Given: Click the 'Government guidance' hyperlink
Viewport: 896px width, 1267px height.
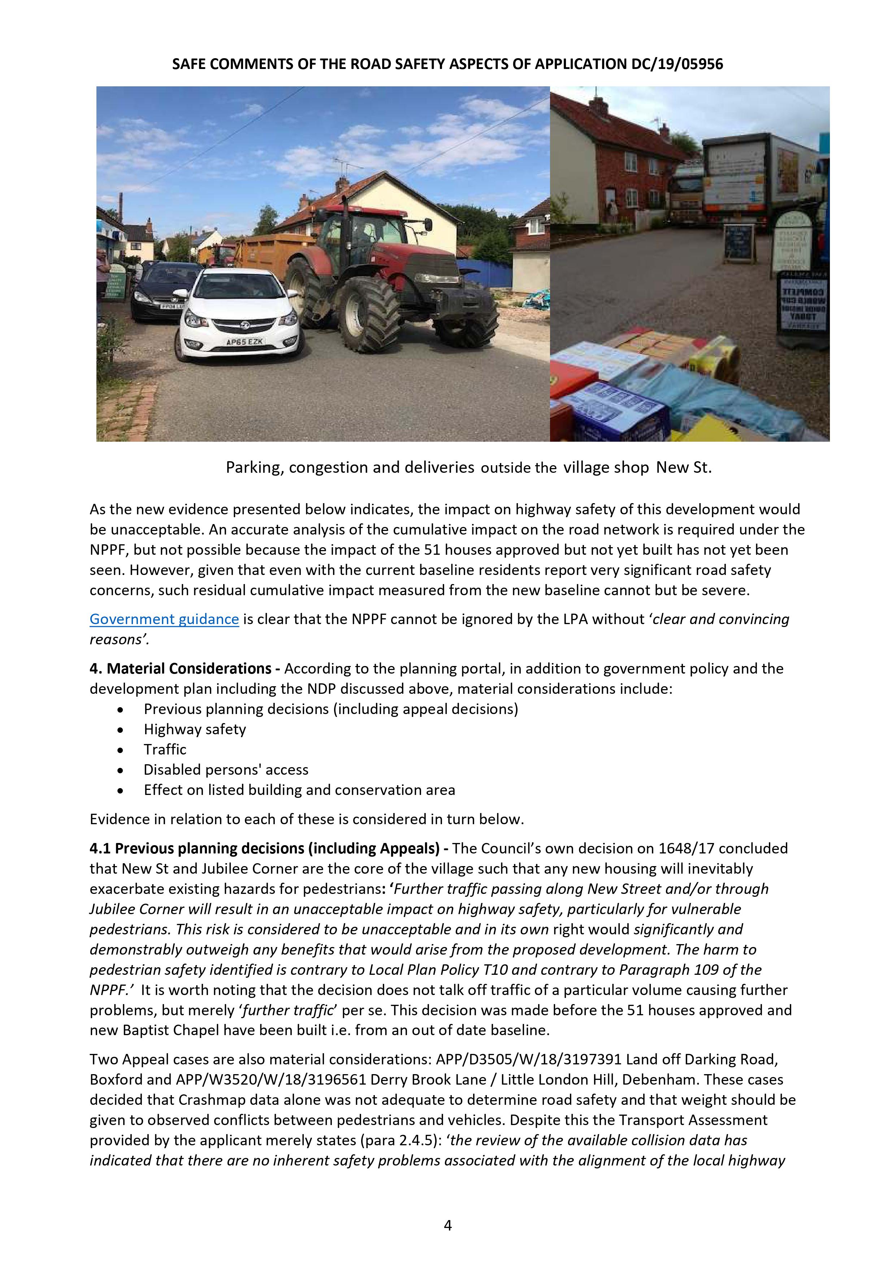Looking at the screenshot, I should (164, 619).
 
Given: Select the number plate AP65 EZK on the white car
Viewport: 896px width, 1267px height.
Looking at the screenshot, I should (245, 342).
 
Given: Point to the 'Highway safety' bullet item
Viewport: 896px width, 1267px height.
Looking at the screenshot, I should (195, 730).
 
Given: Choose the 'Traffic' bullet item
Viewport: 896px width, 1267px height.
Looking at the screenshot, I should (165, 749).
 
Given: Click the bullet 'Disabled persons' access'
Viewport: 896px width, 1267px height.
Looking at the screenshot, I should (226, 770).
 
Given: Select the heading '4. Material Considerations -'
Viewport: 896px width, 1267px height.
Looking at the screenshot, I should (185, 669).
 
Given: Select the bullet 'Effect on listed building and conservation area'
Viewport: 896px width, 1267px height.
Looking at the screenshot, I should (299, 790).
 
